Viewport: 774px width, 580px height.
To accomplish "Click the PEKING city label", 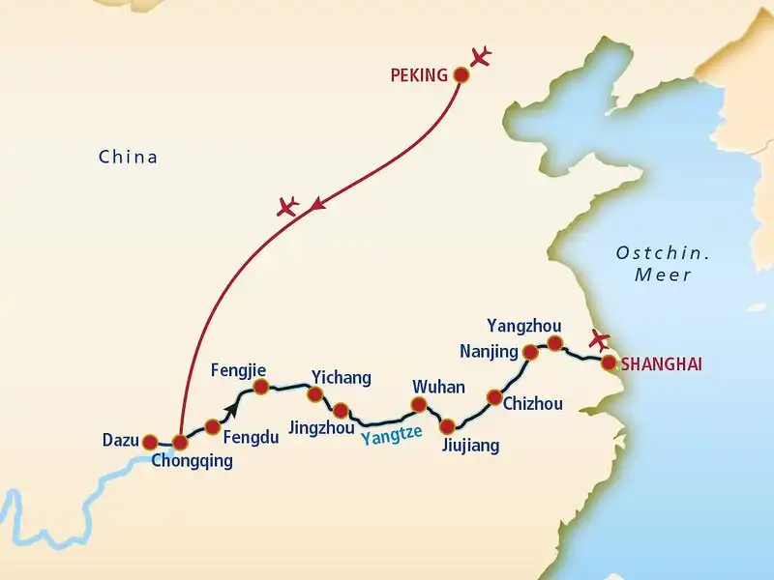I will pos(418,74).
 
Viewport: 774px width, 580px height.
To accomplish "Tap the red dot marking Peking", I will pos(461,73).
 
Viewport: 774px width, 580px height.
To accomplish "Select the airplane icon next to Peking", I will pos(479,56).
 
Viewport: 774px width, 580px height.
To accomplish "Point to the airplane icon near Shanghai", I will pos(600,340).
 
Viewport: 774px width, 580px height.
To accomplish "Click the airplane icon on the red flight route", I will pos(286,206).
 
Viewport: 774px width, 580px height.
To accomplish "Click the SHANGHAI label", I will pos(662,364).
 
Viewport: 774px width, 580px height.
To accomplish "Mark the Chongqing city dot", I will pos(180,443).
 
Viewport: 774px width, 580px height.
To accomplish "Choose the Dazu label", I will pos(120,442).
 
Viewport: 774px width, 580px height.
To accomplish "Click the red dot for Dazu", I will pos(150,442).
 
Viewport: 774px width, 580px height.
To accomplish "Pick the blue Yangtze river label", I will pos(392,435).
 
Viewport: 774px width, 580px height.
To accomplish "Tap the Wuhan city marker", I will pos(420,405).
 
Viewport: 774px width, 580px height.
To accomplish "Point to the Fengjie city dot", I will pos(260,387).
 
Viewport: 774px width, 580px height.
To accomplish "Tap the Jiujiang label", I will pos(470,446).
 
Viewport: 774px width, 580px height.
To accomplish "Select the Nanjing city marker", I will pos(530,352).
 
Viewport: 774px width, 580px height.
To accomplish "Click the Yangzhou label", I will pos(521,325).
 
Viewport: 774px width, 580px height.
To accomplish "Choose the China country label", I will pos(128,157).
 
